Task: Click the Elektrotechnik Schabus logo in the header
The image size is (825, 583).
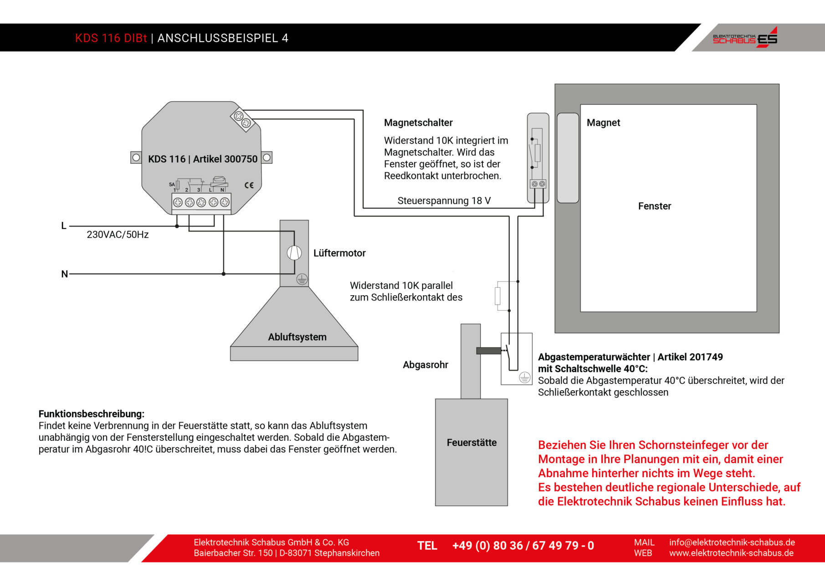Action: click(745, 37)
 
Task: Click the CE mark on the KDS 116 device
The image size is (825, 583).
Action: click(249, 185)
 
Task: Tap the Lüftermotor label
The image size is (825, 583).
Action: click(339, 253)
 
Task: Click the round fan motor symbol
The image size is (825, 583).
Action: click(294, 253)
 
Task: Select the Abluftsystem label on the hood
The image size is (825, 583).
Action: click(297, 337)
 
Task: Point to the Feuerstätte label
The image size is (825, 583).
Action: click(471, 443)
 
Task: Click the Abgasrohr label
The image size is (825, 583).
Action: click(425, 365)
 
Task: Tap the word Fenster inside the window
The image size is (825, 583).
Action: click(655, 206)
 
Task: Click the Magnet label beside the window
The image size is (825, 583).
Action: click(603, 123)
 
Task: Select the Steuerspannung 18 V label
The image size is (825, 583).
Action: click(444, 201)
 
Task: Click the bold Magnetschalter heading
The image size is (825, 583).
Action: click(418, 123)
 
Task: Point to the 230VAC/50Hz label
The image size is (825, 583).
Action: click(118, 235)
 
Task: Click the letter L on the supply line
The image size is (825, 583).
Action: click(64, 226)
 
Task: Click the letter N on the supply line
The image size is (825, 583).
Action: click(64, 274)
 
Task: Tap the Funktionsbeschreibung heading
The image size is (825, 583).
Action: click(91, 414)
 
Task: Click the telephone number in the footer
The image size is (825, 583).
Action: click(523, 546)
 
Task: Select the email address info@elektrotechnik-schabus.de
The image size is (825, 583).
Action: click(732, 542)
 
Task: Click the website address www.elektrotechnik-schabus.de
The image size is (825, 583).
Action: click(731, 553)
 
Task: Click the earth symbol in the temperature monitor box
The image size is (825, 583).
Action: click(525, 377)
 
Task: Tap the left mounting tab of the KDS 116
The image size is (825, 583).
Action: click(136, 158)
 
